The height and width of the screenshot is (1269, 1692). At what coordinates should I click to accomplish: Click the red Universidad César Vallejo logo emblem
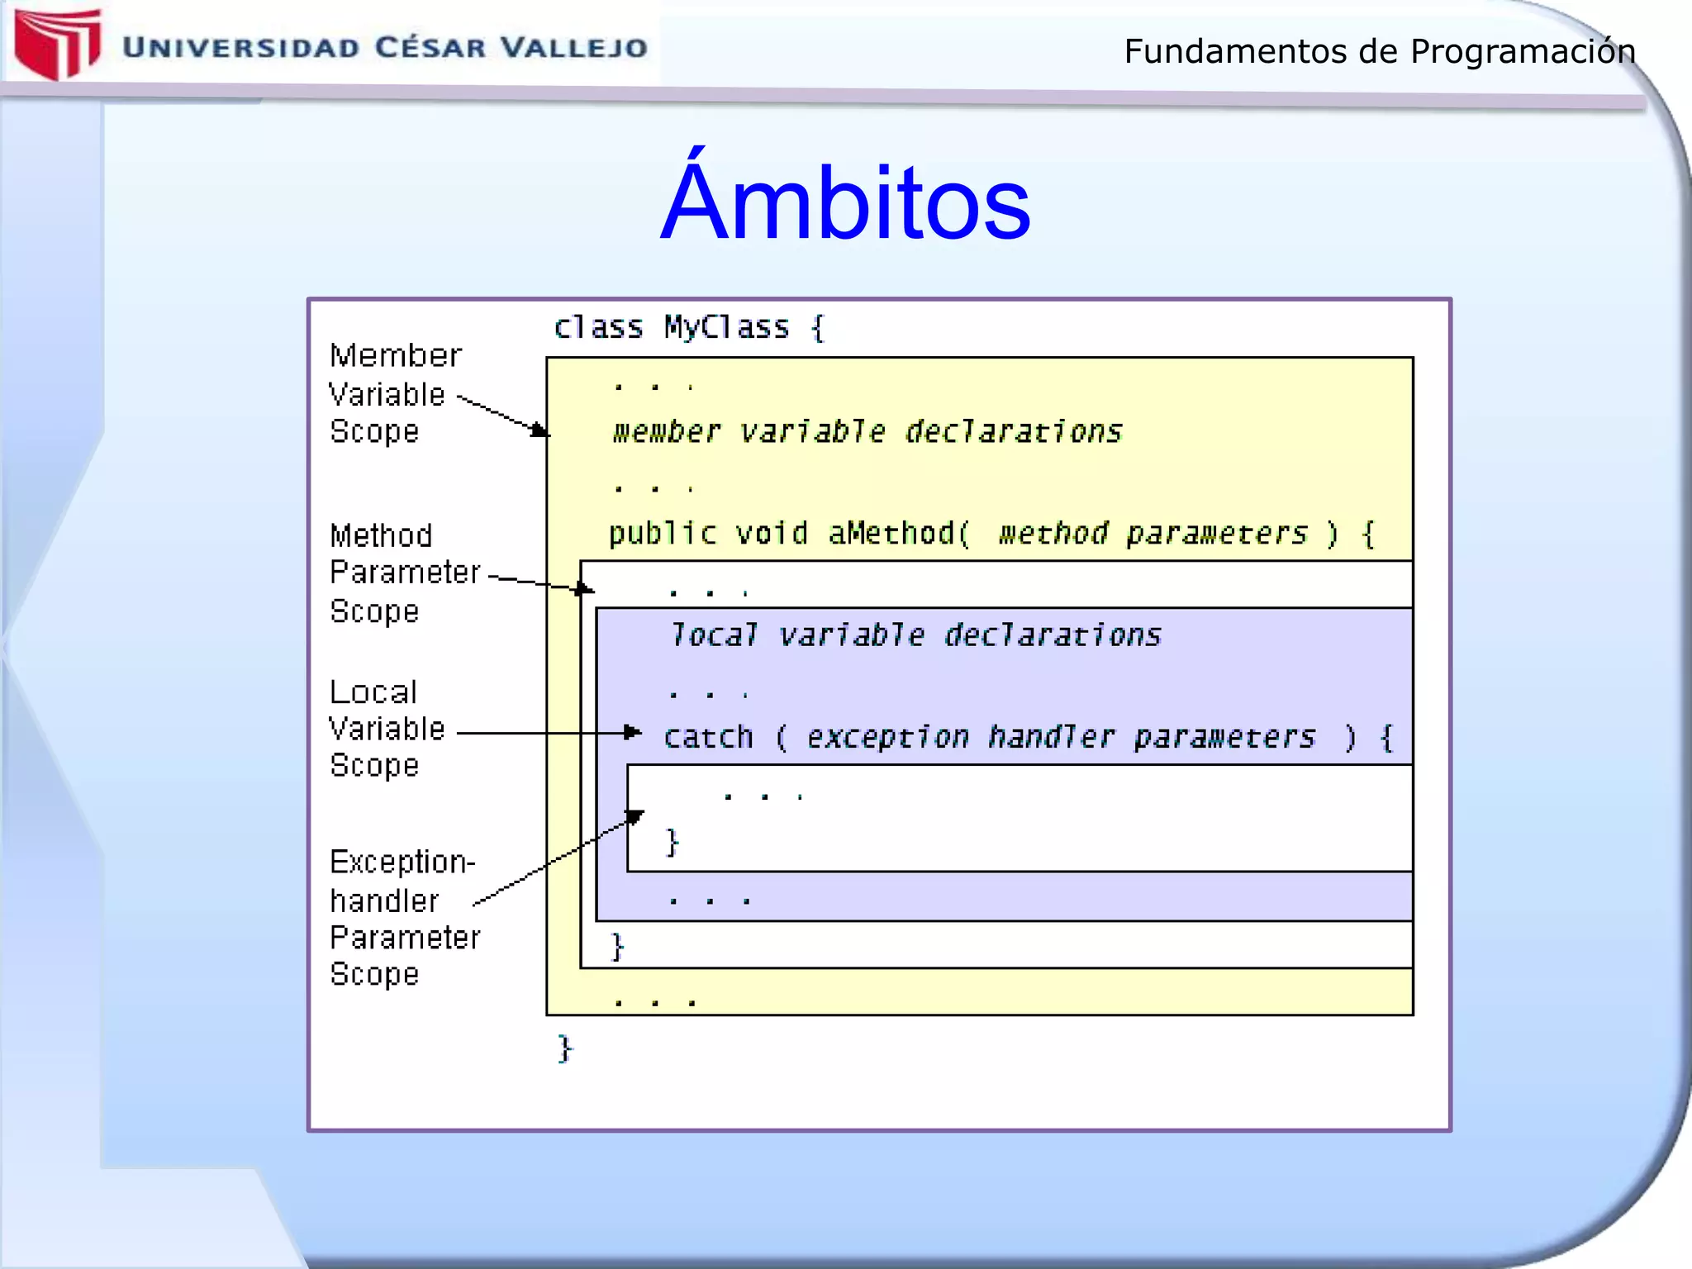tap(56, 43)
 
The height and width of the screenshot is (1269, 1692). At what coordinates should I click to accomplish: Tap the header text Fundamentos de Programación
tap(1379, 51)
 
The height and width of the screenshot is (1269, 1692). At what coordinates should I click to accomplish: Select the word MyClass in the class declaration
tap(726, 327)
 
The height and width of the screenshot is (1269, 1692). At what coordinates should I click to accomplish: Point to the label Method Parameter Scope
tap(403, 573)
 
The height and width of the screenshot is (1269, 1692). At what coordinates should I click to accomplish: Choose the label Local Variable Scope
tap(385, 729)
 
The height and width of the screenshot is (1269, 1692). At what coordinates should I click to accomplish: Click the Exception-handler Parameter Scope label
tap(403, 917)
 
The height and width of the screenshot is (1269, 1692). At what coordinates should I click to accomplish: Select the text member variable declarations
tap(867, 431)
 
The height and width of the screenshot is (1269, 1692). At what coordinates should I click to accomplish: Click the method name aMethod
tap(891, 533)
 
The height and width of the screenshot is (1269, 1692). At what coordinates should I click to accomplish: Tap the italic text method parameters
tap(1152, 533)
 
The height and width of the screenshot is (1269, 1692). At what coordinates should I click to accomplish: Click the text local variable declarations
tap(915, 634)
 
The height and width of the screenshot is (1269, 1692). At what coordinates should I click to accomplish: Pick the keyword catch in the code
tap(708, 736)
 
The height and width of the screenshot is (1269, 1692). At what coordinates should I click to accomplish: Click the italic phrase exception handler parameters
tap(1060, 736)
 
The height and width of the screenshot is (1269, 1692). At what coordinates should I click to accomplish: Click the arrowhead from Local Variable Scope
tap(633, 732)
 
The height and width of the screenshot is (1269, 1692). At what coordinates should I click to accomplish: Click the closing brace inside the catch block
tap(673, 843)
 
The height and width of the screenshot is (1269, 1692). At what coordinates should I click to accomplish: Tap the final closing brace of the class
tap(565, 1048)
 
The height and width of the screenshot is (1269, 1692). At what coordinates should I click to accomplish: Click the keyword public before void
tap(662, 533)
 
